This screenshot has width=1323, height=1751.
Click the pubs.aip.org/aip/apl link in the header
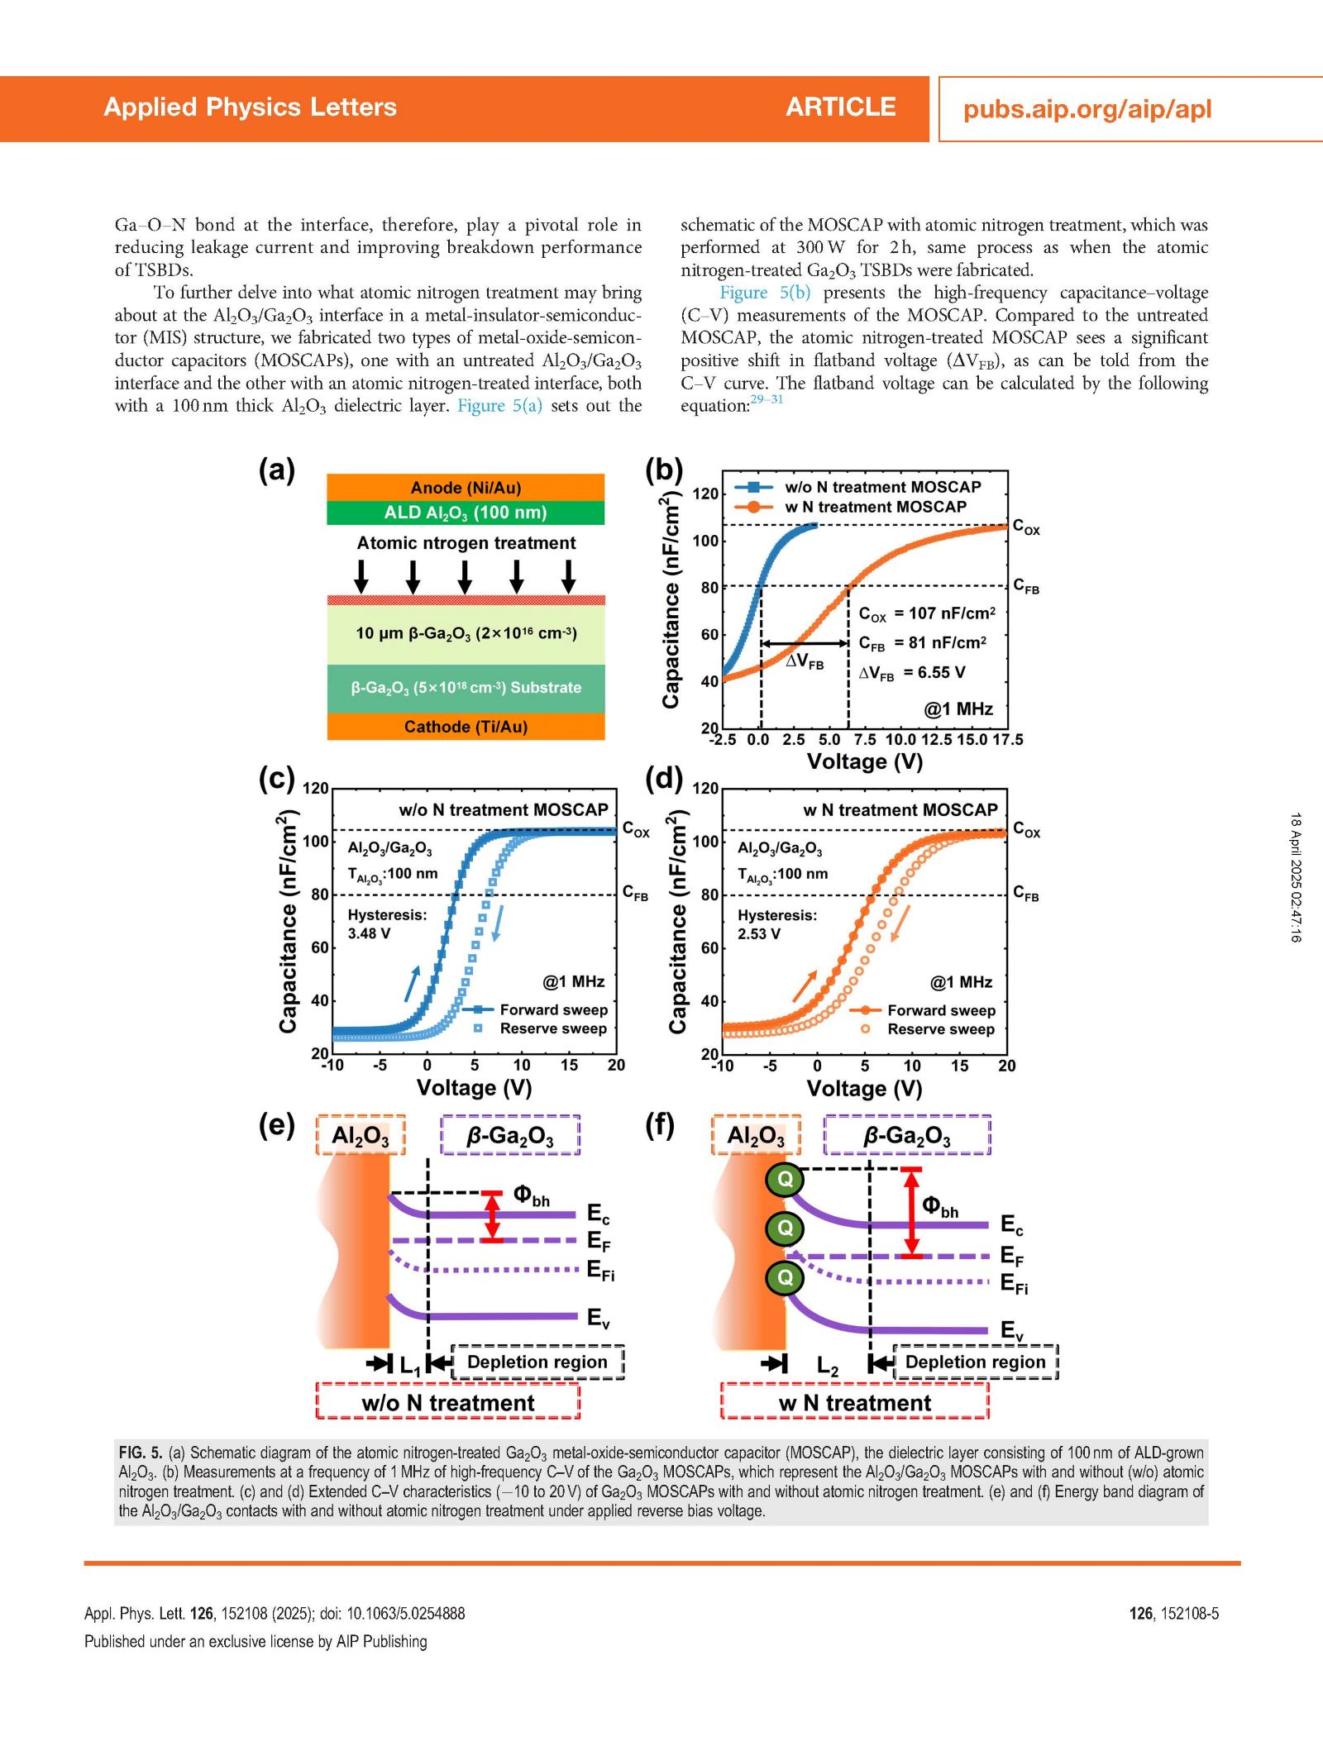point(1087,109)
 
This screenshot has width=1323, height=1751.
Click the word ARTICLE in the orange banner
point(841,107)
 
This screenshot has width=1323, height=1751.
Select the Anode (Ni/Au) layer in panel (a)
point(466,487)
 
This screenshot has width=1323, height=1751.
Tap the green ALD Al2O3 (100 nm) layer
point(466,513)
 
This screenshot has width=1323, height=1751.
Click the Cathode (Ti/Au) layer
point(466,726)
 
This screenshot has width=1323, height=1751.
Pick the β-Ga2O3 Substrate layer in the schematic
point(466,688)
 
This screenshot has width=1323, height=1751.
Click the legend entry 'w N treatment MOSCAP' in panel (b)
point(876,507)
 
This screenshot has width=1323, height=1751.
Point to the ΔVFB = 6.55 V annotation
point(911,673)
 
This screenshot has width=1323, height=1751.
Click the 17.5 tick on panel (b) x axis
point(1007,739)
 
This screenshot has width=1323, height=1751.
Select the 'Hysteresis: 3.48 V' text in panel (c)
point(387,923)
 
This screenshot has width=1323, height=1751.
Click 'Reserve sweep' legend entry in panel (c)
point(553,1028)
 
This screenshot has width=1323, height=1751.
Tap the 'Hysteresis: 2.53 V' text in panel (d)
point(777,924)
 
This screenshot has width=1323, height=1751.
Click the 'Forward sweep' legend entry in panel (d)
point(941,1010)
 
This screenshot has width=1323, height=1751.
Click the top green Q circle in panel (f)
point(785,1179)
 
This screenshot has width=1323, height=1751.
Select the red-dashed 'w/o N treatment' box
point(447,1403)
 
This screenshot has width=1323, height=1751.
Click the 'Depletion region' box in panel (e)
point(537,1362)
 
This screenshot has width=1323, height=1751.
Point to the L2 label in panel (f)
point(827,1365)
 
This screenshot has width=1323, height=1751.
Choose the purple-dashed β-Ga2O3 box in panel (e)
point(510,1135)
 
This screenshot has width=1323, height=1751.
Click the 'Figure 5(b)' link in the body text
point(765,293)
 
